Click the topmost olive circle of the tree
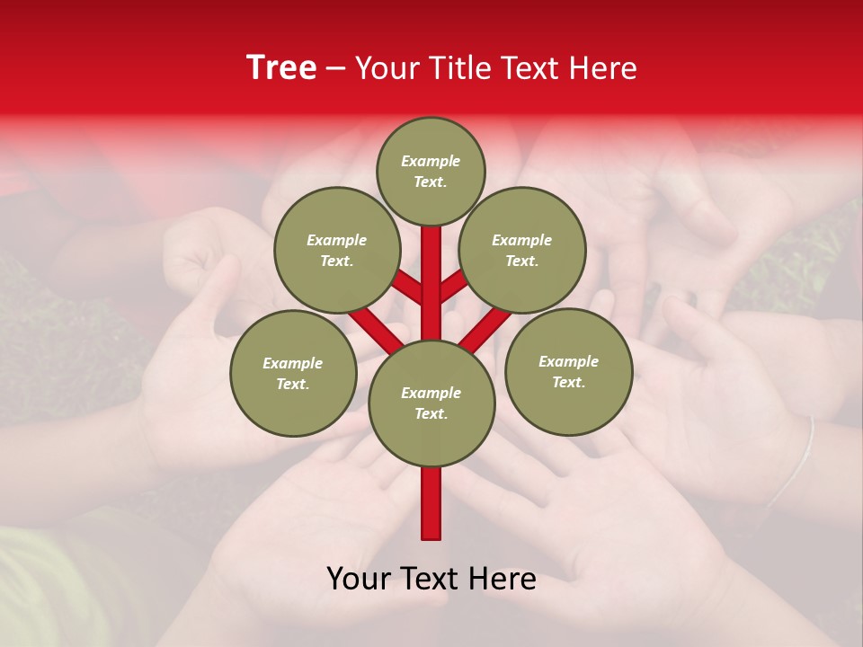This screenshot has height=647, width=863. pos(431,171)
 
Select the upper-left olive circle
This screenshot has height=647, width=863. pos(337,251)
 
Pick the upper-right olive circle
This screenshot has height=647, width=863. pos(522,251)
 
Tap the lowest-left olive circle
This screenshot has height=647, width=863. pos(293,373)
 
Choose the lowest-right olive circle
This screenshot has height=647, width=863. pos(568,371)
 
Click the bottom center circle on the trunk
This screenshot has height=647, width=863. pos(431,403)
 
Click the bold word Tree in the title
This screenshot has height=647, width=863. pos(281,67)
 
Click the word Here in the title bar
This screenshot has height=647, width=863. pos(602,68)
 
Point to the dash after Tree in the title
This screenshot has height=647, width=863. pos(335,68)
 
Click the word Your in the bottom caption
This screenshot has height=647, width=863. pos(360,579)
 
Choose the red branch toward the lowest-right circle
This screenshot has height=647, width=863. pos(485,328)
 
